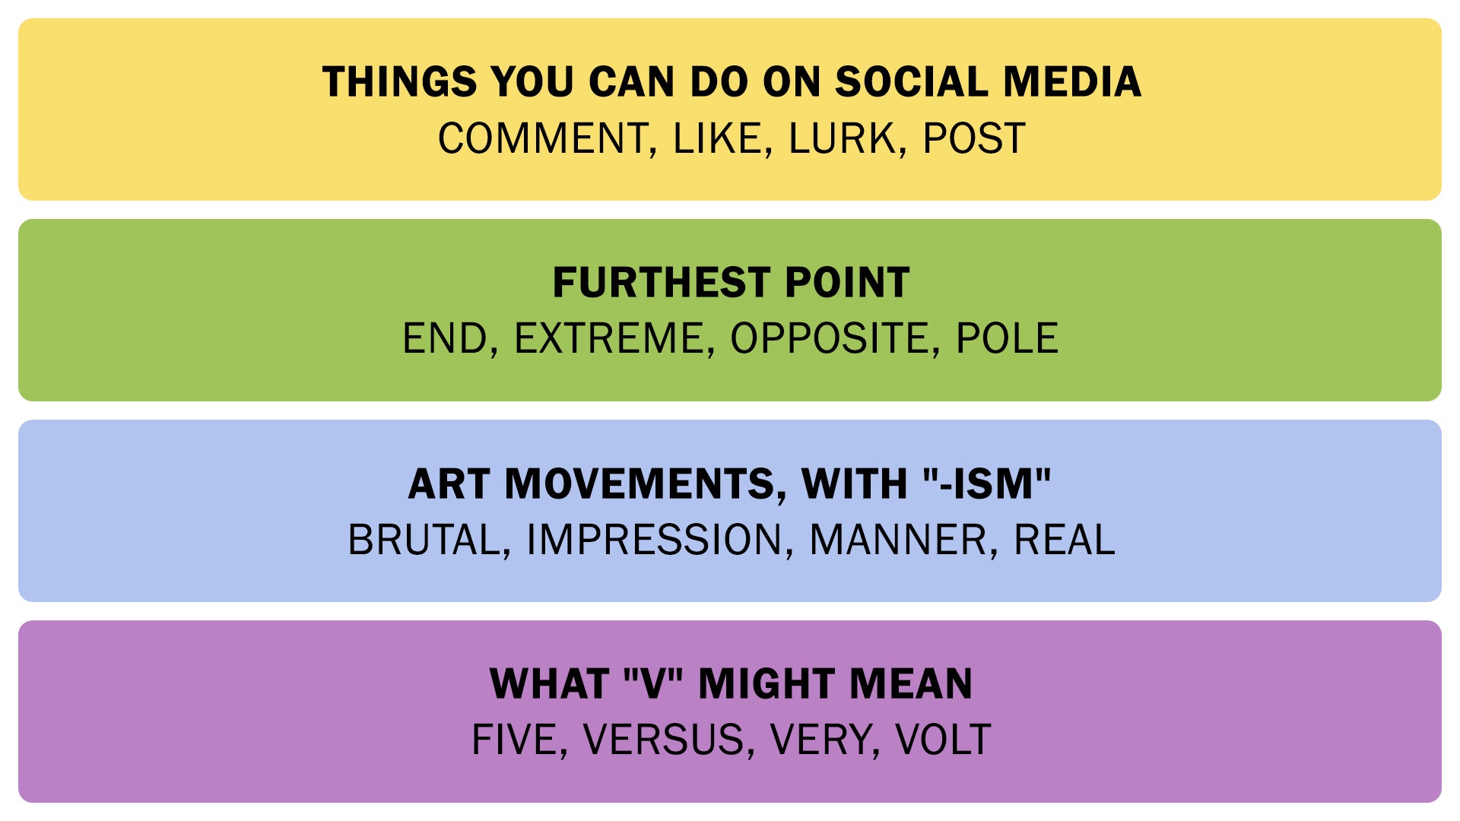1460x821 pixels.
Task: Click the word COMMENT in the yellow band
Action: [543, 139]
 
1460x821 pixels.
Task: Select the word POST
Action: [974, 139]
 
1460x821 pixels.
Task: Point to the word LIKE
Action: [718, 139]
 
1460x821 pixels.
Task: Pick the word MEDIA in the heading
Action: [1072, 81]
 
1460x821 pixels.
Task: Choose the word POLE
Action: [1007, 339]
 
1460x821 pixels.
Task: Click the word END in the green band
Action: [445, 339]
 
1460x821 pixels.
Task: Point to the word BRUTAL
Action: [424, 540]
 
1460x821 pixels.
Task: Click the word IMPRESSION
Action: [655, 540]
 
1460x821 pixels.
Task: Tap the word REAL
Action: [1065, 540]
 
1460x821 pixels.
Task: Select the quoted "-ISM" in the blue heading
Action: [987, 483]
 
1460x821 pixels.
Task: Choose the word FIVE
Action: [515, 740]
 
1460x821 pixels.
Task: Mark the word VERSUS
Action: [664, 740]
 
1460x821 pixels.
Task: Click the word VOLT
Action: [943, 740]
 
